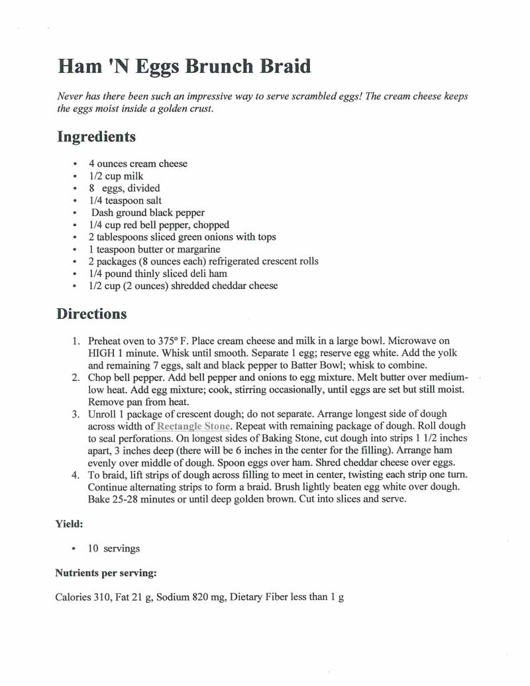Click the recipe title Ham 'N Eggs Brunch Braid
pos(184,67)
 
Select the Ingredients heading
pos(97,137)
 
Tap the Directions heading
pos(91,314)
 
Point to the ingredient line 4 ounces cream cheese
pos(138,164)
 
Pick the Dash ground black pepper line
pos(148,213)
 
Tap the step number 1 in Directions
pos(76,341)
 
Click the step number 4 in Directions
pos(76,476)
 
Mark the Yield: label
pos(69,524)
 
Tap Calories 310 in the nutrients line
pos(83,597)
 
